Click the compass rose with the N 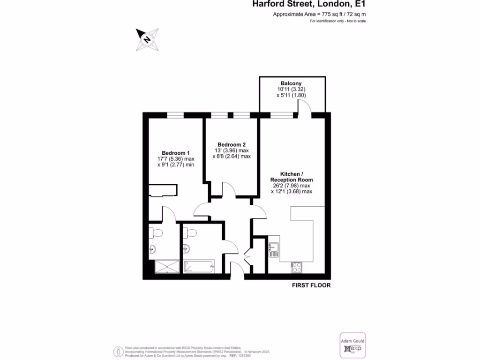(x=147, y=39)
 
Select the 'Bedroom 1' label (x=176, y=153)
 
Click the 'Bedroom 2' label (x=231, y=144)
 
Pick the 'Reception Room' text (x=291, y=180)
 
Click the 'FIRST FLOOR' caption (x=311, y=285)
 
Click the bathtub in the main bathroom (x=199, y=267)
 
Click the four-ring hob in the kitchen (x=296, y=267)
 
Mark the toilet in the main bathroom (x=190, y=232)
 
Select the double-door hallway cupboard (x=248, y=255)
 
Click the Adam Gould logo (x=352, y=346)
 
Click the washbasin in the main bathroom (x=187, y=248)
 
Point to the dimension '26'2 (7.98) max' (x=291, y=186)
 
